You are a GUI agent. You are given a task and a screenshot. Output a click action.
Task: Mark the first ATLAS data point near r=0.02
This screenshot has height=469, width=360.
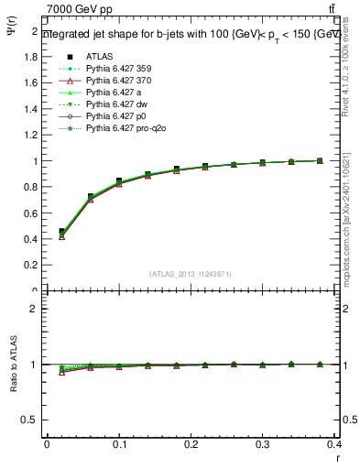[61, 232]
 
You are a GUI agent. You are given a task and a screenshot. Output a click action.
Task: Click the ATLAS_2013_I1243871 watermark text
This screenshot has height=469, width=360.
[191, 274]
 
